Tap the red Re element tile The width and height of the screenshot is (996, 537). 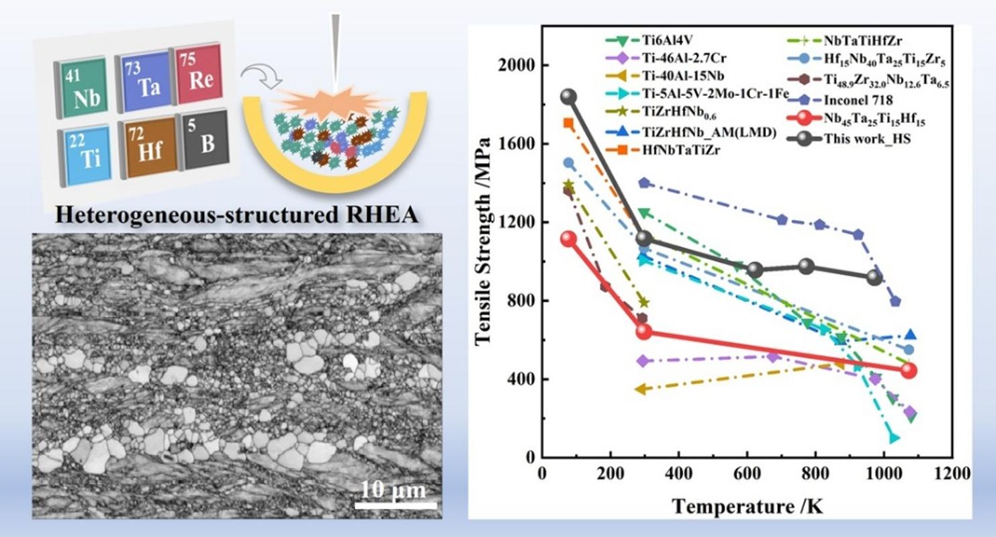[x=199, y=75]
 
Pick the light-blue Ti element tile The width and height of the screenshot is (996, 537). [x=88, y=155]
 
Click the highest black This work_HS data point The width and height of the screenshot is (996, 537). [x=569, y=97]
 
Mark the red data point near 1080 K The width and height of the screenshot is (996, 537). [x=909, y=370]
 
